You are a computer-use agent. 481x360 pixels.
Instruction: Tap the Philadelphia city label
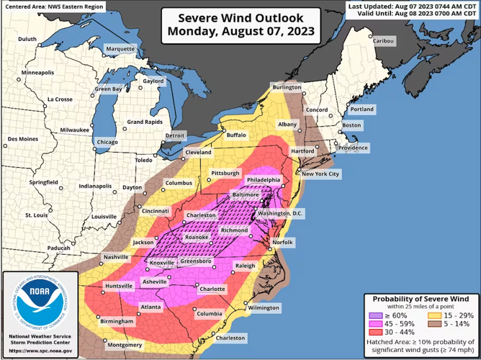click(264, 179)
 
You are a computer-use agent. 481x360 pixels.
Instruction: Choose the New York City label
click(320, 174)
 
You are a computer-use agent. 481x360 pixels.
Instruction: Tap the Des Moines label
click(22, 139)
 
